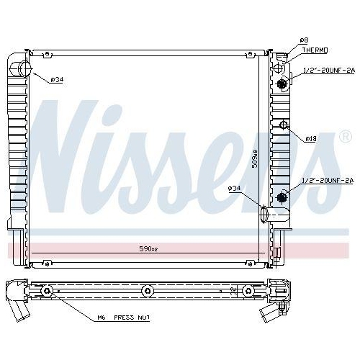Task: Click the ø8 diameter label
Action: point(305,40)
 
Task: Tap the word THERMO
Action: point(315,50)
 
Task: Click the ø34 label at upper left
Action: point(57,79)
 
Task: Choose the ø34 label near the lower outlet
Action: point(235,189)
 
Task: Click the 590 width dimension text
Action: point(148,248)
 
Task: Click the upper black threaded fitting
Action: point(282,83)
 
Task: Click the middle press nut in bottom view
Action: point(148,290)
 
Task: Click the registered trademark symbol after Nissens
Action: point(345,135)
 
